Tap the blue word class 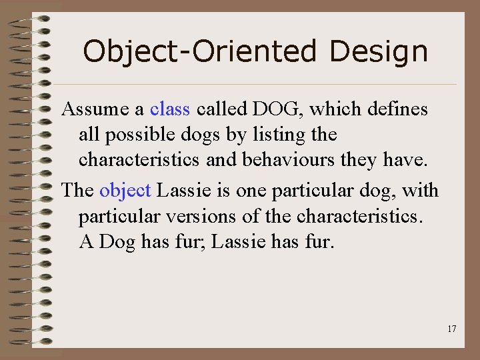coord(170,108)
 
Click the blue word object coord(125,191)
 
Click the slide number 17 coord(452,329)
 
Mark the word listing coord(275,135)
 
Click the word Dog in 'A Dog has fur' coord(117,241)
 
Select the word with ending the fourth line coord(421,191)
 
